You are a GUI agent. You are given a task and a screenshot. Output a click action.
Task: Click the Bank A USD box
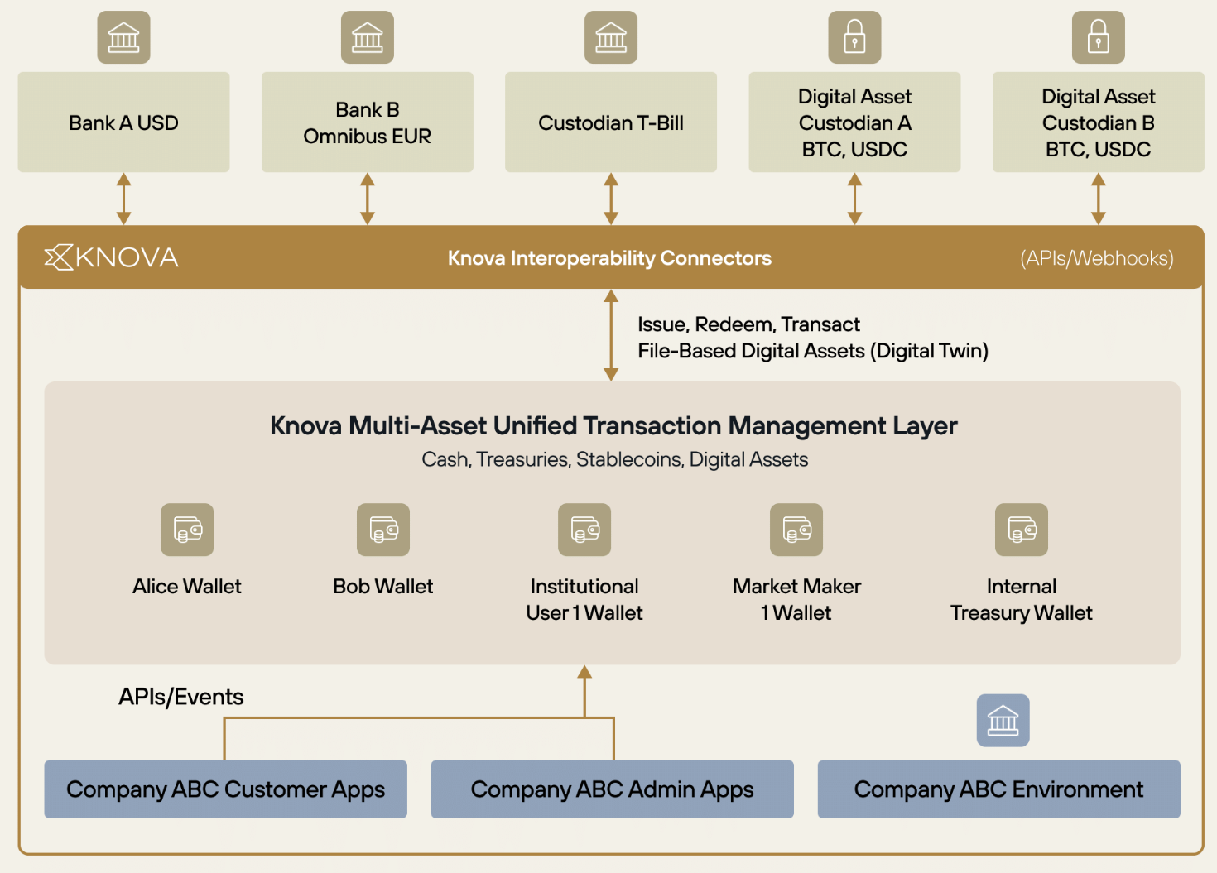[123, 122]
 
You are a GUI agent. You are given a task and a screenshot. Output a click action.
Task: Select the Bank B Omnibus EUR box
[368, 122]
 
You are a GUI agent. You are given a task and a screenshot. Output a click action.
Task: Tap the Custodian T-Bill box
[611, 122]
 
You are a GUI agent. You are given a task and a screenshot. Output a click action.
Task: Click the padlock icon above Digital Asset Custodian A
[854, 37]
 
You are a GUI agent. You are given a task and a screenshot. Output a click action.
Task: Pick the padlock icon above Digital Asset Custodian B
[1098, 37]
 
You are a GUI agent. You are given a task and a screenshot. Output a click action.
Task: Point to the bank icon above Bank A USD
[123, 37]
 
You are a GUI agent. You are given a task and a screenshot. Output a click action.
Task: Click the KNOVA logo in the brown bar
[112, 257]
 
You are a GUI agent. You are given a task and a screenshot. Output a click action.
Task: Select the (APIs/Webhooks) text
[1096, 258]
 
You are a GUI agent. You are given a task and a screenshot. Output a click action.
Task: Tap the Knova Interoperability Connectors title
[609, 258]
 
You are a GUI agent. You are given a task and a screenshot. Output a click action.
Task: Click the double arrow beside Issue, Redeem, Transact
[611, 335]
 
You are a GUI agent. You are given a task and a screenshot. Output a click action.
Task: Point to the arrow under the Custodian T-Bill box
[611, 199]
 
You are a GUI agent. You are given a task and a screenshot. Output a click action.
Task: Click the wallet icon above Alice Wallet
[187, 530]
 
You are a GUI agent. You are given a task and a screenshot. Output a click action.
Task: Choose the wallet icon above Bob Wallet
[383, 530]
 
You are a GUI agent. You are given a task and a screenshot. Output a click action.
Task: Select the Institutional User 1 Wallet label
[584, 599]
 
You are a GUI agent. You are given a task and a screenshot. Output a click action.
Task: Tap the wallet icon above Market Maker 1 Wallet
[796, 530]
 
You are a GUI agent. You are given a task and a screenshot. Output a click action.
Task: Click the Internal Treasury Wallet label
[1022, 599]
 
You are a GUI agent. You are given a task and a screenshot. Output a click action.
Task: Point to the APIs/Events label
[181, 697]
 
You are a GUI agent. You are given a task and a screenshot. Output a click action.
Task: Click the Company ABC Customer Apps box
[225, 789]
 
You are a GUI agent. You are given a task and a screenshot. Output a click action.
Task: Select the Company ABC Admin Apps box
[613, 789]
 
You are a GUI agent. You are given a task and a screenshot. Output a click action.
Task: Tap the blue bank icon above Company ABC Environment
[1003, 721]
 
